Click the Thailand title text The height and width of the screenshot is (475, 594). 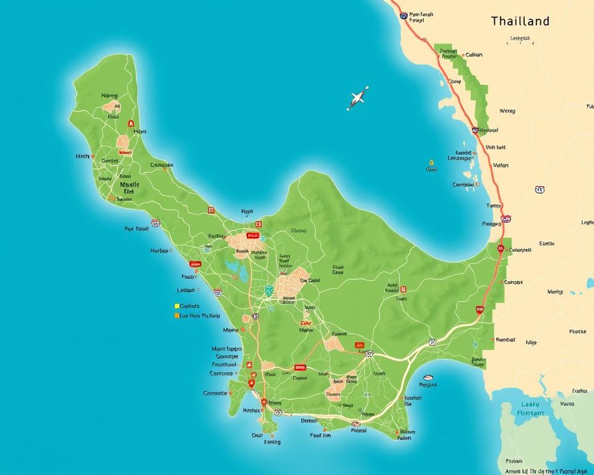point(520,21)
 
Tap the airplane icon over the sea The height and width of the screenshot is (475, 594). point(358,98)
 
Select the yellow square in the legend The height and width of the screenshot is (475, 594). point(176,306)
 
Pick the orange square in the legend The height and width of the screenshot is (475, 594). point(176,315)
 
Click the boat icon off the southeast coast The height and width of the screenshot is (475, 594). point(428,377)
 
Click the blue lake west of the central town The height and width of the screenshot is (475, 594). point(236,268)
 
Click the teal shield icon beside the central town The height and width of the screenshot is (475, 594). point(269,289)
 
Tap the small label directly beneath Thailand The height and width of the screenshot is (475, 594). point(520,38)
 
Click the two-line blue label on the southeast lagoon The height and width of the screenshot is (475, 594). point(530,409)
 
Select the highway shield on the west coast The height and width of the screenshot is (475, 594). point(155,223)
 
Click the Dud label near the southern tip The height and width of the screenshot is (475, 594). point(257,435)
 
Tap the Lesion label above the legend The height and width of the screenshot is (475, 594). point(186,289)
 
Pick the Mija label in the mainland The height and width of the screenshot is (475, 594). point(531,342)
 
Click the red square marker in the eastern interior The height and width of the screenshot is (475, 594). point(403,288)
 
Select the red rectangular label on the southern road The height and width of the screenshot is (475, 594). point(300,367)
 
